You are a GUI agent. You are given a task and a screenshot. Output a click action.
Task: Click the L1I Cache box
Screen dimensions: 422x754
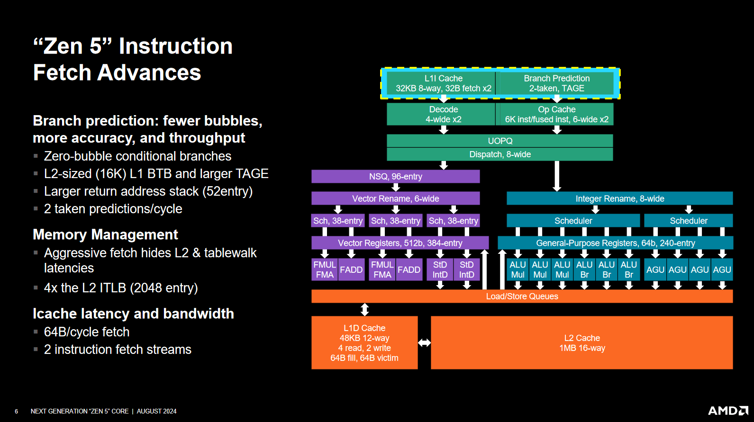pyautogui.click(x=443, y=83)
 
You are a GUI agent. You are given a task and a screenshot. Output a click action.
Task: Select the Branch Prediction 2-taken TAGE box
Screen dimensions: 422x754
pyautogui.click(x=556, y=83)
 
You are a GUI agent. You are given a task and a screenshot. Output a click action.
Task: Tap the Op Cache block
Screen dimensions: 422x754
pyautogui.click(x=556, y=114)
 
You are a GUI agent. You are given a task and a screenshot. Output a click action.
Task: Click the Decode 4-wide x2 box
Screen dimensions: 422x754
pyautogui.click(x=443, y=114)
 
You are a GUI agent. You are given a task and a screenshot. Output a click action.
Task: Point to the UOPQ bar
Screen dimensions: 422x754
pyautogui.click(x=500, y=141)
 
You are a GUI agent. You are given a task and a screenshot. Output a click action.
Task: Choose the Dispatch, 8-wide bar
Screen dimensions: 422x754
pyautogui.click(x=500, y=154)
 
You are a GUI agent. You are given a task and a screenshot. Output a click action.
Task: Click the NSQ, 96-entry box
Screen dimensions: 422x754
pyautogui.click(x=395, y=177)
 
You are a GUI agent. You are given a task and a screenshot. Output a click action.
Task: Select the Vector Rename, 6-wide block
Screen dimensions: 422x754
pyautogui.click(x=395, y=198)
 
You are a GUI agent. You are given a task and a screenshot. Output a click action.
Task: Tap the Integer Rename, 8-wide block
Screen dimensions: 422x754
pyautogui.click(x=619, y=198)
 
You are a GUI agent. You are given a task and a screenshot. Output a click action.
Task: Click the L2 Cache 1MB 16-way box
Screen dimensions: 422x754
pyautogui.click(x=581, y=343)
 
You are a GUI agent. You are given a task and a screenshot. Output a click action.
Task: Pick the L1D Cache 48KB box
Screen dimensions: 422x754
pyautogui.click(x=364, y=343)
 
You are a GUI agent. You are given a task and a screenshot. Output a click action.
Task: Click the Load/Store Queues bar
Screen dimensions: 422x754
pyautogui.click(x=522, y=296)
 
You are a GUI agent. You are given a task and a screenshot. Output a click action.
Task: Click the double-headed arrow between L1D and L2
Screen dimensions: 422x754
pyautogui.click(x=424, y=342)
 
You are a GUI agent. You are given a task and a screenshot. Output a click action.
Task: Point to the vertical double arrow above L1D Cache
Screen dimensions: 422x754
pyautogui.click(x=364, y=310)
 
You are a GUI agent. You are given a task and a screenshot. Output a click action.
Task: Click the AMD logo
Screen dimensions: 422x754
pyautogui.click(x=727, y=411)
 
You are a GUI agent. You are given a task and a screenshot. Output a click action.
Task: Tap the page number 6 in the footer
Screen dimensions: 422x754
pyautogui.click(x=16, y=412)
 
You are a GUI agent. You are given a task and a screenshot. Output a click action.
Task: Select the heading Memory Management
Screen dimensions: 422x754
pyautogui.click(x=105, y=234)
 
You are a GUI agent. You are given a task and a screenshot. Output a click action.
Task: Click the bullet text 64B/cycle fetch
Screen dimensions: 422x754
pyautogui.click(x=87, y=332)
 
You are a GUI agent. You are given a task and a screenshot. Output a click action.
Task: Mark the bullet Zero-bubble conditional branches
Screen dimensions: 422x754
pyautogui.click(x=137, y=156)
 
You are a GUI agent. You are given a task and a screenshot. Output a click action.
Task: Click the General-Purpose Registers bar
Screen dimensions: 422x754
pyautogui.click(x=615, y=243)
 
